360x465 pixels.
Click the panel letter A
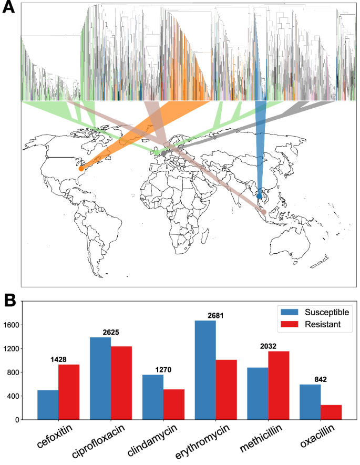(9, 9)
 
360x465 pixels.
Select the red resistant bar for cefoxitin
(69, 392)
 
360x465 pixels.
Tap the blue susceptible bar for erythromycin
(205, 370)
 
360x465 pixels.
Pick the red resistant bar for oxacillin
(332, 412)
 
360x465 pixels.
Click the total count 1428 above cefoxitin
(58, 359)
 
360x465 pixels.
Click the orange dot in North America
(81, 169)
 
